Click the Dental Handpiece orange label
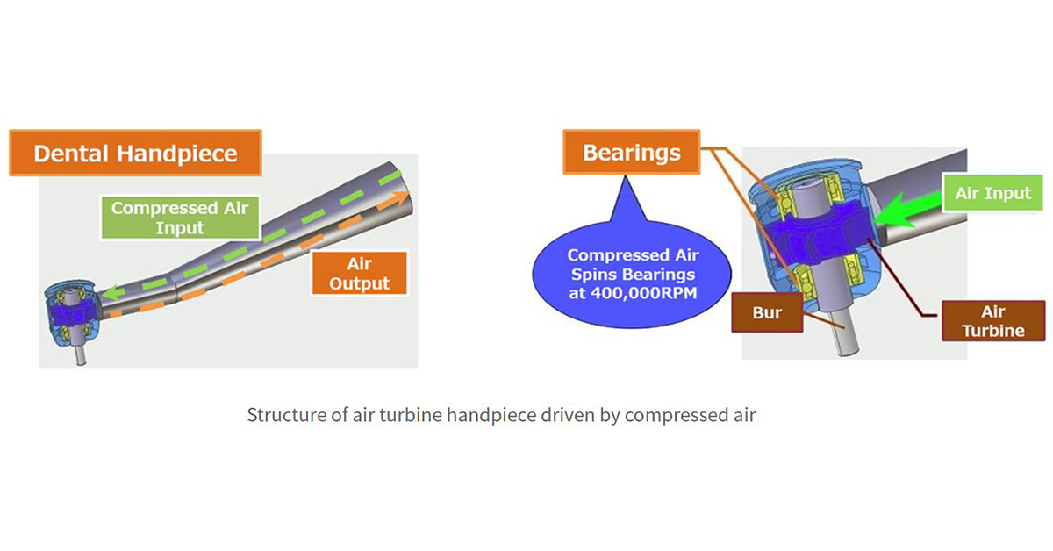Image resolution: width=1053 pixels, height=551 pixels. click(x=135, y=154)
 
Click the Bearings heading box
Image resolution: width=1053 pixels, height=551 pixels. click(x=631, y=153)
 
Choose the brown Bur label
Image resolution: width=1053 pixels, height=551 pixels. click(x=766, y=312)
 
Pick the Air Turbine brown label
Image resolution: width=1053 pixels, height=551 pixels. click(x=981, y=321)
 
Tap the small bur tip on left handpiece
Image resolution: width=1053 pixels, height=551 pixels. click(x=82, y=356)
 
